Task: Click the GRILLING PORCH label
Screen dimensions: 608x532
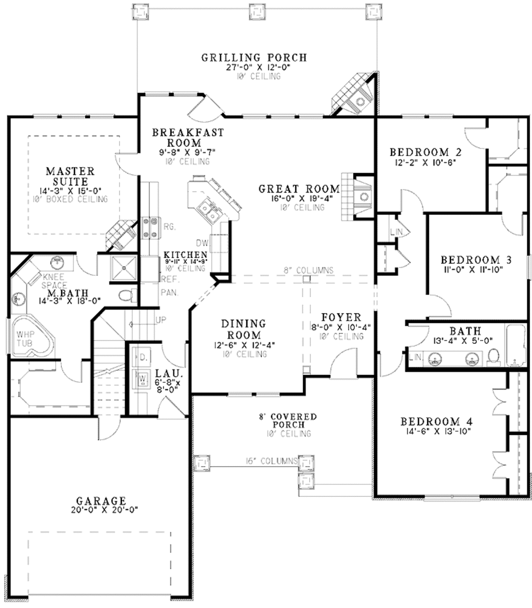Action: coord(255,57)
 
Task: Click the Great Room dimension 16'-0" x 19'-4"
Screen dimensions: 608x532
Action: coord(299,198)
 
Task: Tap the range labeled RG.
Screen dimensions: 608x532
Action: coord(150,227)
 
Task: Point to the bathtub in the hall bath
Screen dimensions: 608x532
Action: coord(516,347)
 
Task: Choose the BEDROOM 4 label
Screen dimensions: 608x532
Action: coord(436,421)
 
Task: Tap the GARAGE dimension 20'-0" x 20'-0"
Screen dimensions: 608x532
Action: coord(101,510)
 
